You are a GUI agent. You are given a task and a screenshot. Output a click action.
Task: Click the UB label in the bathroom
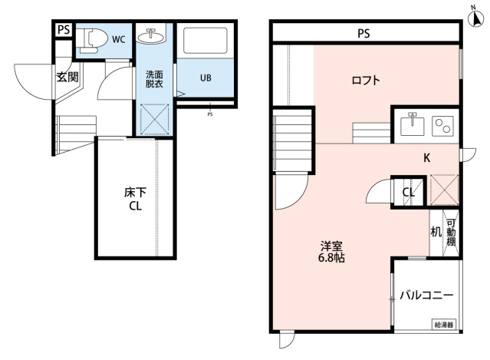[206, 78]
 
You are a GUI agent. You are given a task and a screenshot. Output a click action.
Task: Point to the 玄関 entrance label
[67, 76]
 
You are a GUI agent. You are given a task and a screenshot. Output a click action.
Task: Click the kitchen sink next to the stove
[413, 124]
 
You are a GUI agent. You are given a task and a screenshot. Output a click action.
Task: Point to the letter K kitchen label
[428, 159]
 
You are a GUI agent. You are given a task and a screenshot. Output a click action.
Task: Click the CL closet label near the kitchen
[409, 193]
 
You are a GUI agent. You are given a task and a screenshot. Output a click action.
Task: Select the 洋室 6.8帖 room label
[332, 252]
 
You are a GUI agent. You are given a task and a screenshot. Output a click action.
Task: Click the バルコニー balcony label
[427, 296]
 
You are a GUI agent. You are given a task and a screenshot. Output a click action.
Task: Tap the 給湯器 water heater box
[444, 325]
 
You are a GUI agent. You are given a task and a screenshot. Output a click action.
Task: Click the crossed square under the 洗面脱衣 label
[156, 119]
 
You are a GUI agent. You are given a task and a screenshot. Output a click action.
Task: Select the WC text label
[119, 38]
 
